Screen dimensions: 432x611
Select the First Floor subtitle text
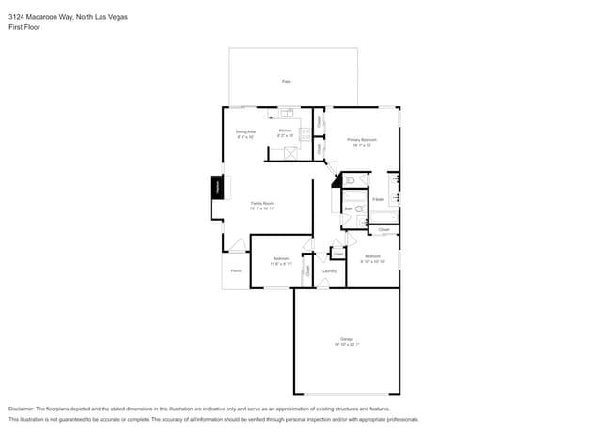24,27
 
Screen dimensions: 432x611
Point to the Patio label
286,82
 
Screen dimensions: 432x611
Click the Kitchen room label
286,131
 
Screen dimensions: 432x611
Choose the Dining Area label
245,132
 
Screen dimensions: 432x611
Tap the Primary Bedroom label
362,140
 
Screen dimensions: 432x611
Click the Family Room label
262,204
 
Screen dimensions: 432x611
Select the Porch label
236,270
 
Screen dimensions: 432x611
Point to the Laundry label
329,271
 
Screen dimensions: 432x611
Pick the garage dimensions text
347,345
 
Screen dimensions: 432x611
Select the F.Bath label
378,200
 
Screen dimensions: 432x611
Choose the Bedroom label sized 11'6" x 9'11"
281,259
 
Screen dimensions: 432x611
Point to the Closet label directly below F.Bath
384,228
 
